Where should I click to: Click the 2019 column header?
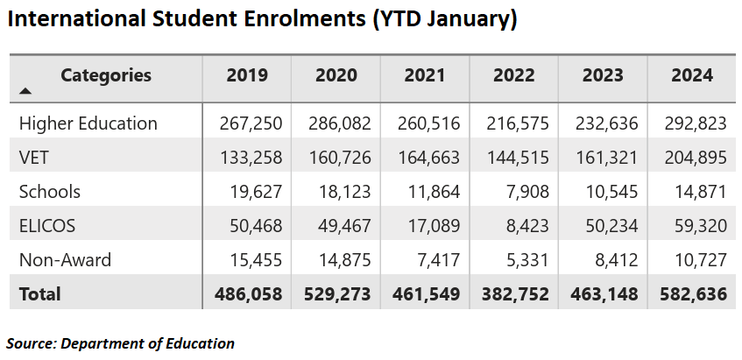pos(247,75)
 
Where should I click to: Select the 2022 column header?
pos(514,75)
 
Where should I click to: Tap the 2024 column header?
pos(692,75)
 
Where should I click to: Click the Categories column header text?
pos(106,75)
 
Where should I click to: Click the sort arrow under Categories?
pos(25,90)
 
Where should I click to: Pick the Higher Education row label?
pos(88,124)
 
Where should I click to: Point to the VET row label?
pos(35,158)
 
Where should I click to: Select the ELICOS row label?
pos(47,226)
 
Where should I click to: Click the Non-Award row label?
pos(65,260)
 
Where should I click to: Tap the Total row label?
pos(40,294)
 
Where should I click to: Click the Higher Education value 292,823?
pos(695,124)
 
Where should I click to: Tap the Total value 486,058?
pos(249,294)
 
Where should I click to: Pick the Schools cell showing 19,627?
pos(257,192)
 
